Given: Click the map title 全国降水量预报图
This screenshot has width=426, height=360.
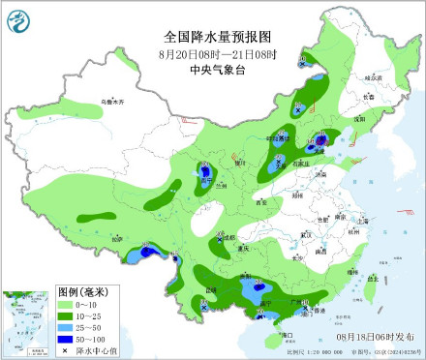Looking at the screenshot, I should pyautogui.click(x=213, y=37).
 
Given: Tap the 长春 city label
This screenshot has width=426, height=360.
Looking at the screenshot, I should pyautogui.click(x=366, y=96).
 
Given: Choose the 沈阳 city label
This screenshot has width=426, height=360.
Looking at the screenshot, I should pyautogui.click(x=357, y=117).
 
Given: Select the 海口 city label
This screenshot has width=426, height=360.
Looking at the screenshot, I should pyautogui.click(x=286, y=334).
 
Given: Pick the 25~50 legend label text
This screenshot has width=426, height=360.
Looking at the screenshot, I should pyautogui.click(x=95, y=327).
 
